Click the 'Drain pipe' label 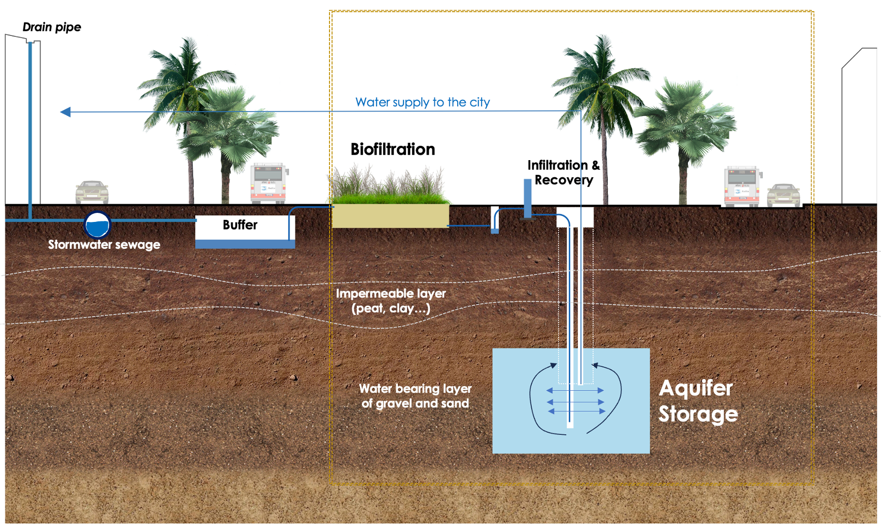point(52,27)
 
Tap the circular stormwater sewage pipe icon point(97,224)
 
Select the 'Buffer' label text point(240,225)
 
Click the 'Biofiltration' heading point(393,149)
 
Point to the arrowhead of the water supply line point(65,112)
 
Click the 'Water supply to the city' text point(422,102)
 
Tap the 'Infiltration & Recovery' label point(563,173)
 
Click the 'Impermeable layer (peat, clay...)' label point(391,301)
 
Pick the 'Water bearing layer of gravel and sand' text point(415,396)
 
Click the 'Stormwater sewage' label point(104,245)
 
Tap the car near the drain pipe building point(92,192)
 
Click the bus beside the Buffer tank point(268,183)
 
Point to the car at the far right point(783,195)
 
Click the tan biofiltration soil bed point(390,216)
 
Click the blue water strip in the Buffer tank point(245,244)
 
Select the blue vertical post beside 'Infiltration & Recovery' point(528,198)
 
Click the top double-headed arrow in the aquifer point(575,391)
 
